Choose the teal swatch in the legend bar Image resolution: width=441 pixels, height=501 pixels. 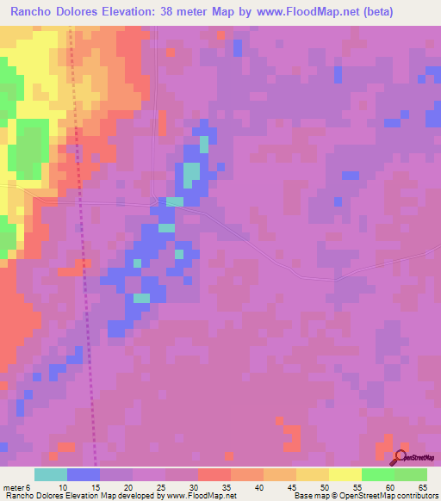point(50,474)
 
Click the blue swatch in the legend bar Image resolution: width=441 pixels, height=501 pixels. point(83,474)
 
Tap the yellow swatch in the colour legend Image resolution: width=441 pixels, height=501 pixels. point(345,474)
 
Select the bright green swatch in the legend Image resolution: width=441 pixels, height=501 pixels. point(377,474)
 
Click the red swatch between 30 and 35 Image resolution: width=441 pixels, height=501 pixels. point(214,474)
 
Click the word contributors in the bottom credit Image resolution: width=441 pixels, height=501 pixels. point(414,497)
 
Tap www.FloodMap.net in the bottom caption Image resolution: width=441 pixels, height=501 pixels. point(199,497)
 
